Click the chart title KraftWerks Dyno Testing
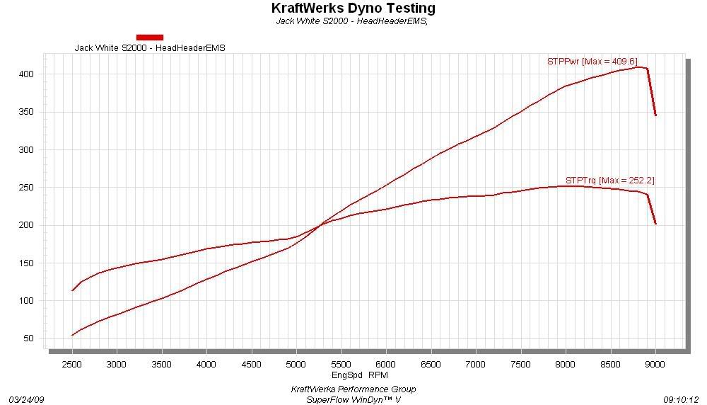(x=353, y=8)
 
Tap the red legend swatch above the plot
(x=149, y=37)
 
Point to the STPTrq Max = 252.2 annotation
(x=609, y=181)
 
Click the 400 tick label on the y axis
(x=28, y=74)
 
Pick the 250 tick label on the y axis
(x=28, y=188)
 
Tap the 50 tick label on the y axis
(x=30, y=338)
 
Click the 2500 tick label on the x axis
(x=72, y=363)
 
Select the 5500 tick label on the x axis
(x=341, y=363)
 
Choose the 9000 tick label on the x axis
(x=655, y=363)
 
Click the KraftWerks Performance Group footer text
(x=353, y=389)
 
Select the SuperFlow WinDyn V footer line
(x=353, y=399)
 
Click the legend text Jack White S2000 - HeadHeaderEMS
(x=154, y=48)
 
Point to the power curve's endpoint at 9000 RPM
(x=655, y=115)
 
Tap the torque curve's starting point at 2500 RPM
(x=73, y=290)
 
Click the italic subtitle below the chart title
(x=353, y=21)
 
